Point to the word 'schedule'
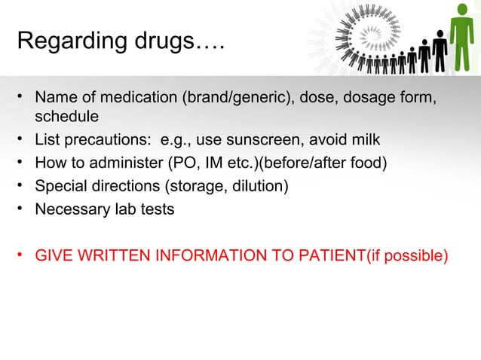(66, 117)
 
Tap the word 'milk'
(365, 141)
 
